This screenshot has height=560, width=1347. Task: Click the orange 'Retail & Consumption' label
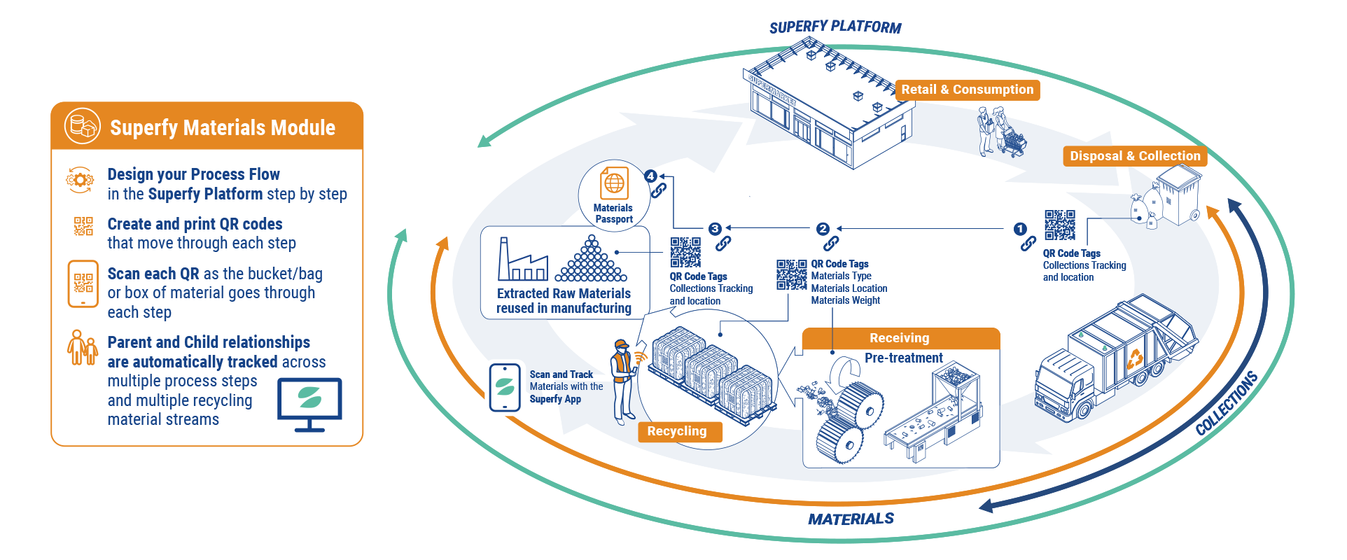(967, 90)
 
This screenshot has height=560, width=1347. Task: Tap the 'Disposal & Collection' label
(1134, 156)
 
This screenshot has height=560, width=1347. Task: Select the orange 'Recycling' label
(677, 431)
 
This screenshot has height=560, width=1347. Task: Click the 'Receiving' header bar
(900, 338)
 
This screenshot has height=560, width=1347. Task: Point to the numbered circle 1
(1020, 229)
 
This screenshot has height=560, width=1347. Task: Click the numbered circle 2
(823, 229)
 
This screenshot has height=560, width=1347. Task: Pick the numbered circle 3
(715, 229)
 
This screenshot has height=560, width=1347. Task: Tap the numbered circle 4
(651, 176)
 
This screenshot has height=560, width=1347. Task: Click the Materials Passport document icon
(614, 184)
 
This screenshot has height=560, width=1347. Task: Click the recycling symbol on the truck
(1134, 359)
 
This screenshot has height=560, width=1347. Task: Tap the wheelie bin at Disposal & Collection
(1180, 196)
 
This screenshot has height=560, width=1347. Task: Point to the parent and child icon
(82, 347)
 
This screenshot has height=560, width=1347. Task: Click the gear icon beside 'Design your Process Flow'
(80, 180)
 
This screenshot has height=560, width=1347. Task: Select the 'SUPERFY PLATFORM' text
(835, 28)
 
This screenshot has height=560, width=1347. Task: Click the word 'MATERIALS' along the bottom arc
(851, 519)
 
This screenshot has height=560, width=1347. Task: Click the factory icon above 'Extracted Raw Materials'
(522, 261)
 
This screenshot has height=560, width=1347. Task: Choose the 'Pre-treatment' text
(903, 358)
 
